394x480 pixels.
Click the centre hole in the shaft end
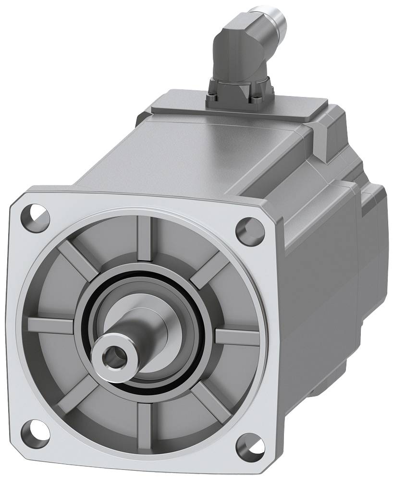tap(112, 357)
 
